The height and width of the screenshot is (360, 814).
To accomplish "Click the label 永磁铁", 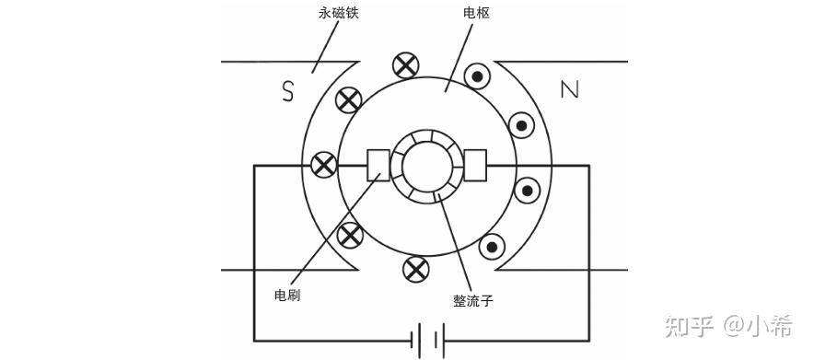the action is coord(339,13).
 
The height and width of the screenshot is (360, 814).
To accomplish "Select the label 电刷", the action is coord(287,296).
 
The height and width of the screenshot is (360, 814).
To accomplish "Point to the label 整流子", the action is coord(473,301).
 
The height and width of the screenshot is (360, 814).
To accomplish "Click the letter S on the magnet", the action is coord(287,91).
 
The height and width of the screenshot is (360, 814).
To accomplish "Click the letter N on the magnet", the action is coord(569,91).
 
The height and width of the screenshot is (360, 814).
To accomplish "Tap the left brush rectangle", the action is coord(378,166).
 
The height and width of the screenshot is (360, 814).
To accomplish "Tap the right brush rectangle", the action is coord(475,166).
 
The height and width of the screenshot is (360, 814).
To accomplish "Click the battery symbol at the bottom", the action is coord(428,341).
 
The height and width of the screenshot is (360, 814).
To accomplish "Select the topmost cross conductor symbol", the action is coord(405,66).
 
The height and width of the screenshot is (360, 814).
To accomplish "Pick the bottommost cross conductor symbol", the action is coord(416,269).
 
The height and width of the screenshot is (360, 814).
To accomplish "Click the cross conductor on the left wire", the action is coord(324,166).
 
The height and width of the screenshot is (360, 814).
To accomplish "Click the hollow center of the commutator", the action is coord(425,166).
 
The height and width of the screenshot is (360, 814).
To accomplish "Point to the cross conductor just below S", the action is coord(348,100).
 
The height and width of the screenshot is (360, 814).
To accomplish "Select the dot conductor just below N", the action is coord(521,125).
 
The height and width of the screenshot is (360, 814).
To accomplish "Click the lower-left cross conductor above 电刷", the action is coord(350,235).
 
